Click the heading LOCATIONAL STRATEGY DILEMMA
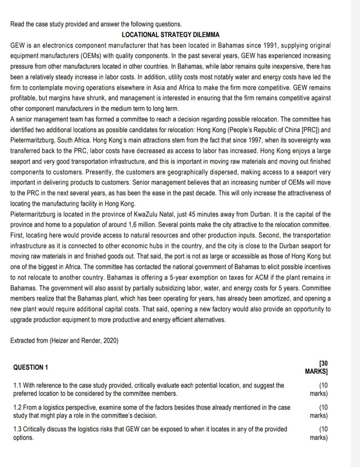170,35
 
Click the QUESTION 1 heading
30,367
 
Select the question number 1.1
17,385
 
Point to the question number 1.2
17,408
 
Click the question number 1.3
17,429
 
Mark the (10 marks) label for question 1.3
319,433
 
